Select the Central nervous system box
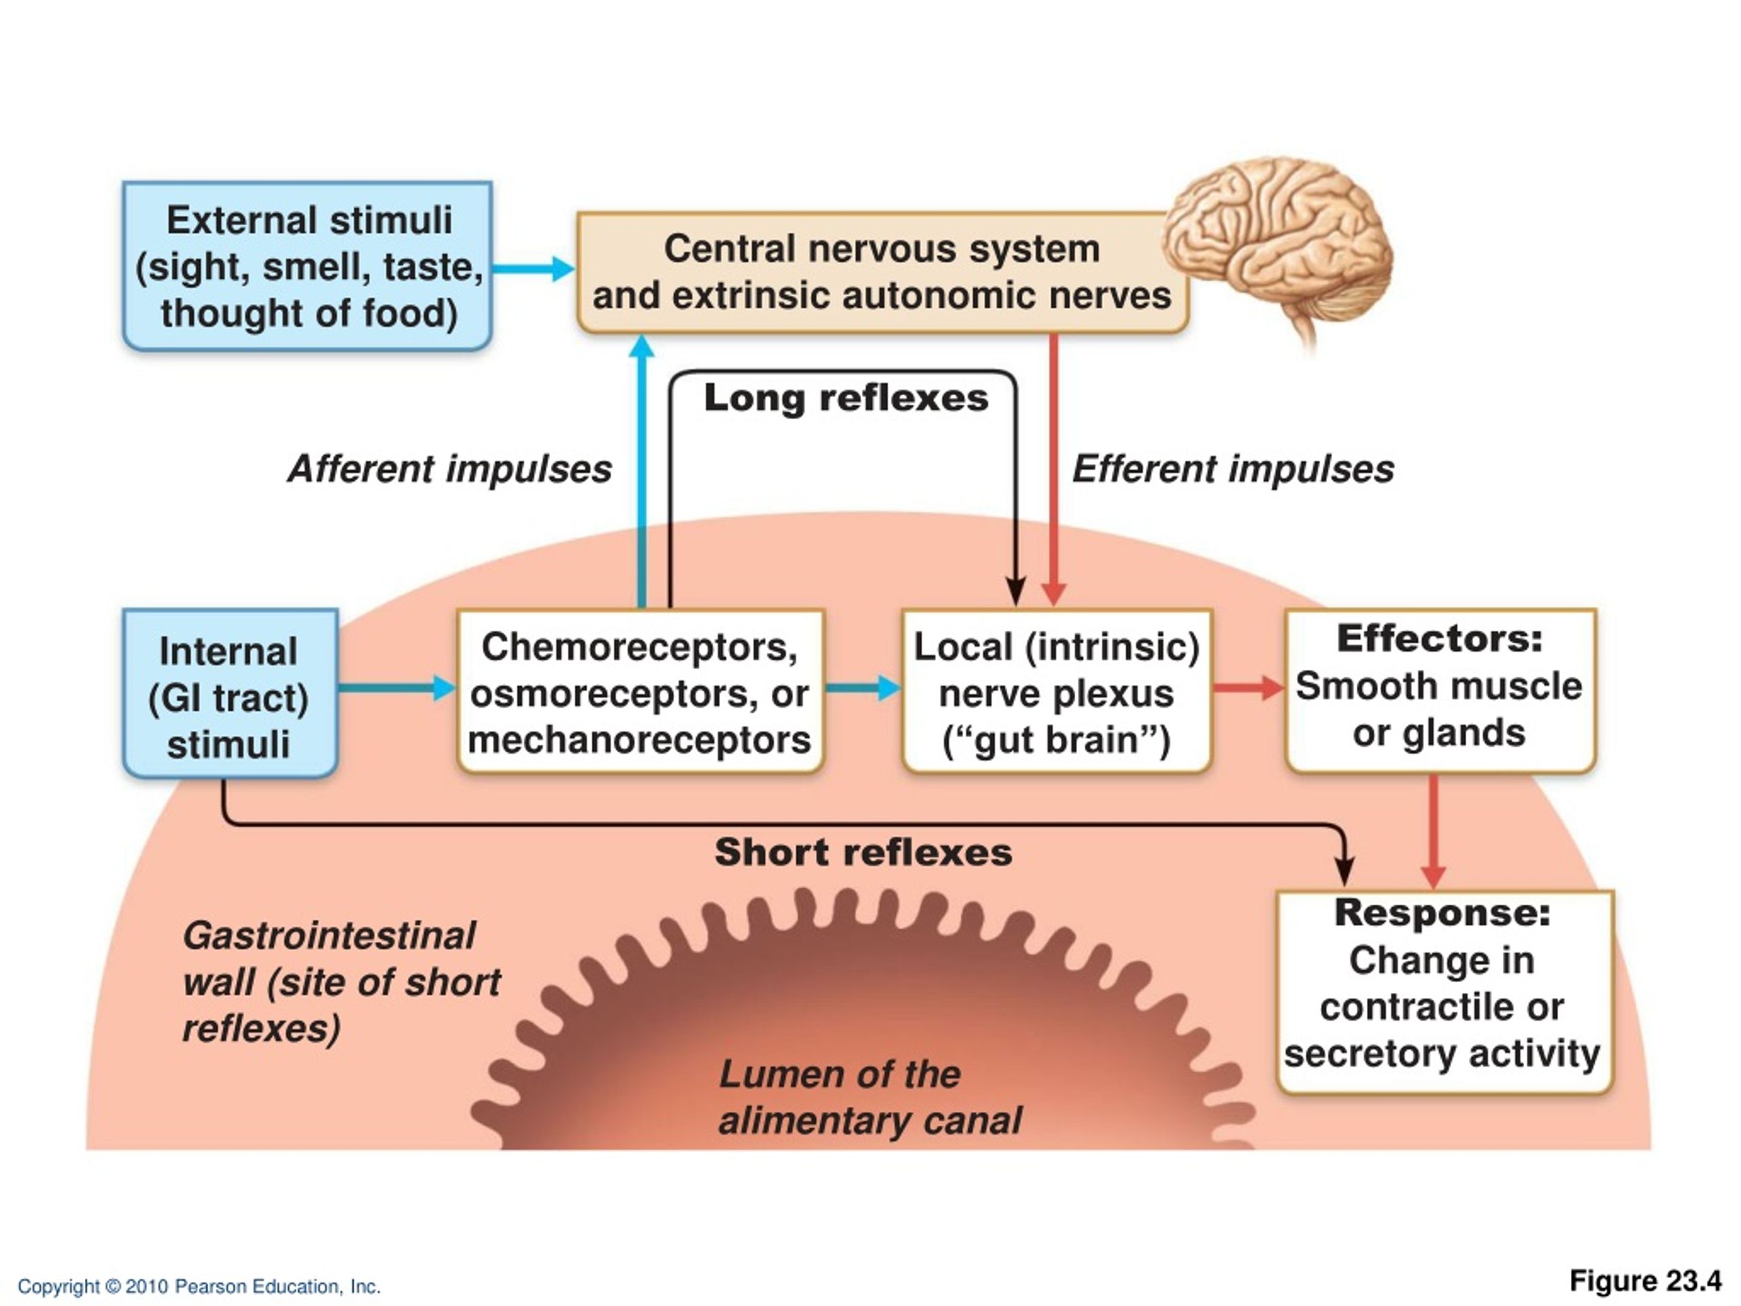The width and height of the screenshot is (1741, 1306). click(x=882, y=272)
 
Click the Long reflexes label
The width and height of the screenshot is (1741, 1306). click(x=846, y=397)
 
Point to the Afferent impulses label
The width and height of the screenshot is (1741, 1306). click(x=450, y=469)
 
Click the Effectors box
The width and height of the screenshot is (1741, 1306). click(x=1440, y=690)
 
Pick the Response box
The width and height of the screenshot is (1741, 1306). click(x=1444, y=992)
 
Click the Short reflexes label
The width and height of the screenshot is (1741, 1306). click(x=864, y=852)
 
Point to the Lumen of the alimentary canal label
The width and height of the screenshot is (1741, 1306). click(x=870, y=1097)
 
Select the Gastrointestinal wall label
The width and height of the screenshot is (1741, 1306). click(x=341, y=982)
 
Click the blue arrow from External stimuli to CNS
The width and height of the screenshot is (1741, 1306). click(x=535, y=269)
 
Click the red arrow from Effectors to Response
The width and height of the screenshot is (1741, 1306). click(x=1433, y=832)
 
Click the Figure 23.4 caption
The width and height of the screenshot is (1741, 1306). click(x=1646, y=1282)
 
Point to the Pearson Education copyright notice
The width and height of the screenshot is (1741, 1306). click(x=199, y=1286)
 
